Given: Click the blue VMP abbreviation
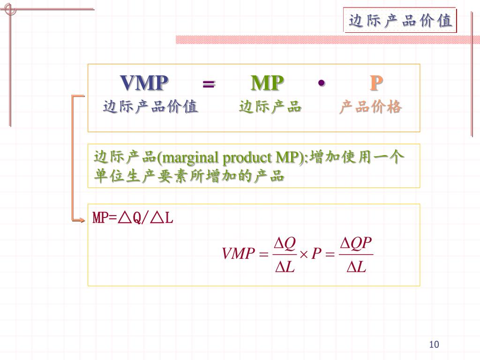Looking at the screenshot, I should pyautogui.click(x=144, y=83).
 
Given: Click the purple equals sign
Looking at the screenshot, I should pyautogui.click(x=209, y=84).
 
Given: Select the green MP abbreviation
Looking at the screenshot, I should pyautogui.click(x=267, y=83).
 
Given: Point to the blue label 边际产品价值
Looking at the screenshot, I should pyautogui.click(x=150, y=107).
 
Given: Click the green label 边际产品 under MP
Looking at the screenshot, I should pyautogui.click(x=270, y=107).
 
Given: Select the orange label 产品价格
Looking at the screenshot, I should pyautogui.click(x=371, y=107).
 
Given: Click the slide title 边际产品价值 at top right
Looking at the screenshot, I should pyautogui.click(x=400, y=21).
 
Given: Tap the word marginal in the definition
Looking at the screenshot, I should pyautogui.click(x=191, y=157).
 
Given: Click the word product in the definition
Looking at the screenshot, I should pyautogui.click(x=246, y=157).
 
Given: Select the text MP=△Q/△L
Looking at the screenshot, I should pyautogui.click(x=133, y=218).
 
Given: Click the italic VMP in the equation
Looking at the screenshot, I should pyautogui.click(x=237, y=254).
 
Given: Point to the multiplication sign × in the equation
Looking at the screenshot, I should pyautogui.click(x=303, y=254).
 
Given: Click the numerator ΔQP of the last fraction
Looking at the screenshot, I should pyautogui.click(x=356, y=243).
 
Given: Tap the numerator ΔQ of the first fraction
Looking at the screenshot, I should pyautogui.click(x=285, y=243).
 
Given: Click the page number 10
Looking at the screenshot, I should pyautogui.click(x=434, y=345).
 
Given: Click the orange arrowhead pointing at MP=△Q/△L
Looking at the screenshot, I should pyautogui.click(x=80, y=218).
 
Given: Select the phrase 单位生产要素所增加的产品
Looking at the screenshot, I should pyautogui.click(x=189, y=177).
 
